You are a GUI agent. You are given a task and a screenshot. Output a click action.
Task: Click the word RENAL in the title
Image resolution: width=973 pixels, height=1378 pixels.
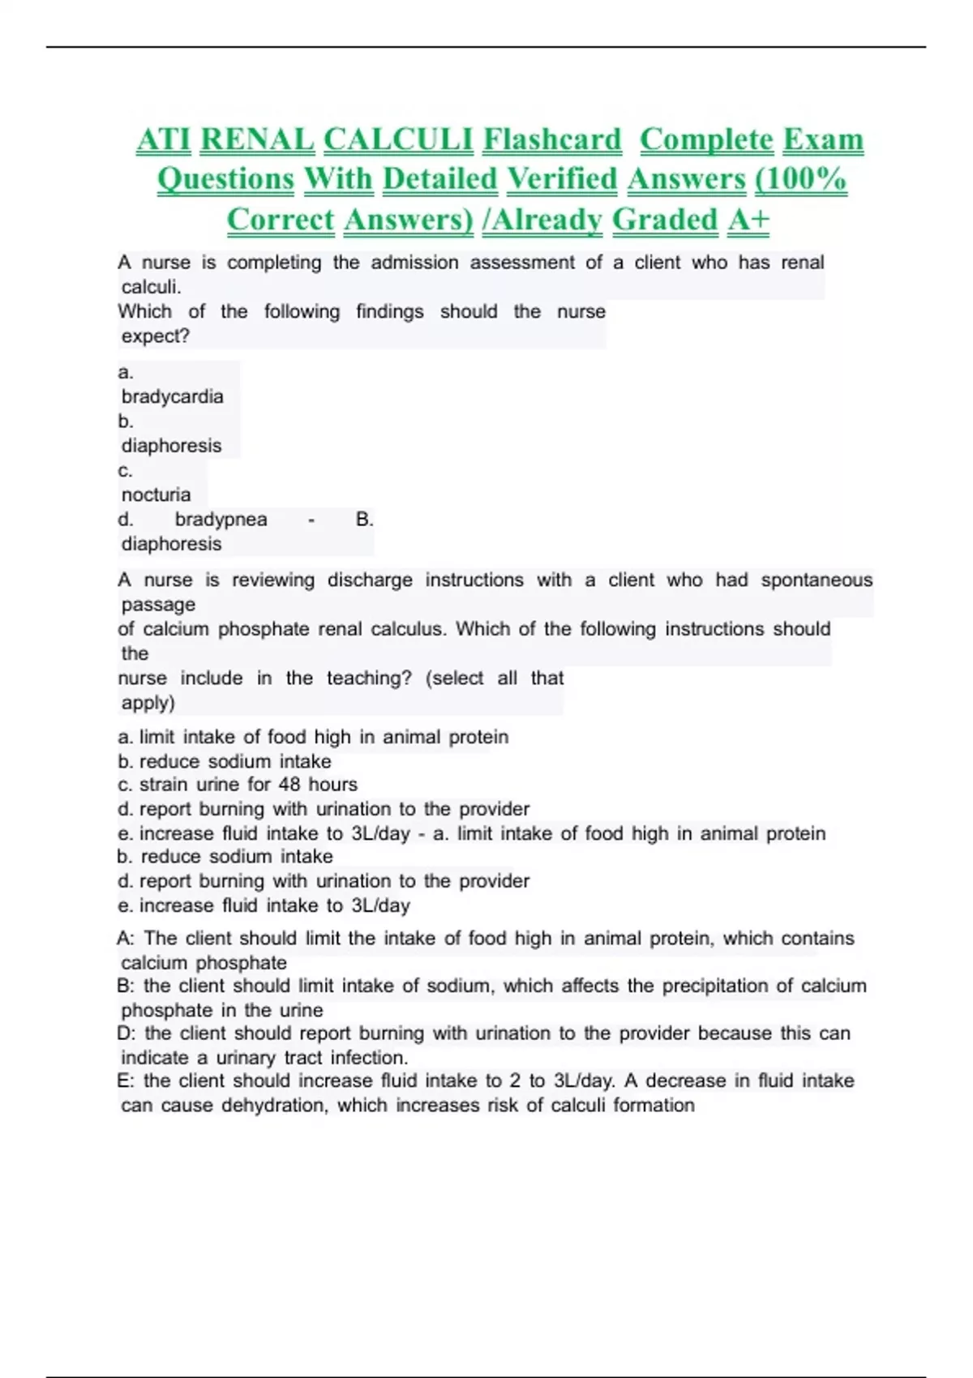[x=257, y=139]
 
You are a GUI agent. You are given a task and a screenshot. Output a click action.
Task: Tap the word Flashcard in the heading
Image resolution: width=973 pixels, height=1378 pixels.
[x=552, y=139]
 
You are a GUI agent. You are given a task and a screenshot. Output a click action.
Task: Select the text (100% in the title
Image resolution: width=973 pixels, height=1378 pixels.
[x=800, y=179]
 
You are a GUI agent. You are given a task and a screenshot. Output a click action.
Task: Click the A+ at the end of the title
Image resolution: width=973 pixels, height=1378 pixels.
[x=748, y=220]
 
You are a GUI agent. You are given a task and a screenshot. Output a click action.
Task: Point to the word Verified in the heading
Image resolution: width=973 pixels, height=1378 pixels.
[x=562, y=179]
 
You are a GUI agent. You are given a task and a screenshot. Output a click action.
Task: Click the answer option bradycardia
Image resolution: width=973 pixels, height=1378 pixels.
[x=172, y=396]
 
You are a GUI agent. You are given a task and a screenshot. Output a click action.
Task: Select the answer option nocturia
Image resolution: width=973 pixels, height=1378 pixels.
[x=156, y=494]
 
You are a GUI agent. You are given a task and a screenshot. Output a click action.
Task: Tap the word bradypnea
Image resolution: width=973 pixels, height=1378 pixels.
[x=221, y=519]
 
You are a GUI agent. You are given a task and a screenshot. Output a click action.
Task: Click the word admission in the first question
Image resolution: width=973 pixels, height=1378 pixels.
[x=414, y=263]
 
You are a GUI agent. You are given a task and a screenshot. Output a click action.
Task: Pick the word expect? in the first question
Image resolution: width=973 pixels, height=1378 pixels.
[x=155, y=336]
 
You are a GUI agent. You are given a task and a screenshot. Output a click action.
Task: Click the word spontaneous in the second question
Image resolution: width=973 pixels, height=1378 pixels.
[x=817, y=580]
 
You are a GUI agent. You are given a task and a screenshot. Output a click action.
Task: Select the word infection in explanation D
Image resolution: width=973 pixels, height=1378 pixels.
[x=371, y=1057]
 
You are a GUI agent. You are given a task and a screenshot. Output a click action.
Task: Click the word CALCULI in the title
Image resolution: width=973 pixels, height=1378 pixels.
[x=398, y=139]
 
